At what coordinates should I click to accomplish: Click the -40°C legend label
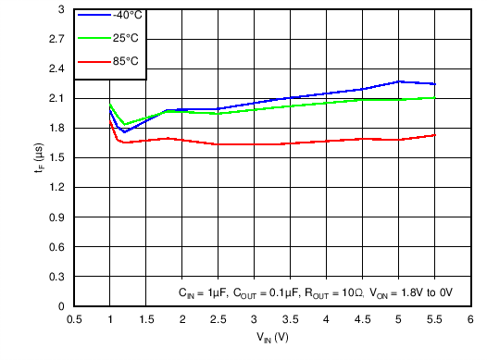coord(126,16)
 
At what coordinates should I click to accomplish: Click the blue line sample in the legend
coord(93,16)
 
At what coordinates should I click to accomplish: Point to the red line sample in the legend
coord(93,61)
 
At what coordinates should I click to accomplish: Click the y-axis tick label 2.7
coord(57,39)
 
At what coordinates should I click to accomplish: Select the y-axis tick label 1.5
coord(57,157)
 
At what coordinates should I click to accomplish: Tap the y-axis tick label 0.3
coord(57,276)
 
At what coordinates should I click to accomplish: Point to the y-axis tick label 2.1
coord(57,98)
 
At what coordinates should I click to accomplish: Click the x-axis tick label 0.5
coord(74,319)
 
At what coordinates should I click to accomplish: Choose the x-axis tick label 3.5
coord(290,319)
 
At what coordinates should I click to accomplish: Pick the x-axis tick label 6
coord(470,319)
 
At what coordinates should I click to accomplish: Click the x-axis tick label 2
coord(182,319)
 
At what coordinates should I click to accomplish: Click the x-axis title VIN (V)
coord(272,338)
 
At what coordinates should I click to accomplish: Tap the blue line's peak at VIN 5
coord(398,81)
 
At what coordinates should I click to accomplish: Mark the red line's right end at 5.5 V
coord(434,135)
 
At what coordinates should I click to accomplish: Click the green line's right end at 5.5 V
coord(434,97)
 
